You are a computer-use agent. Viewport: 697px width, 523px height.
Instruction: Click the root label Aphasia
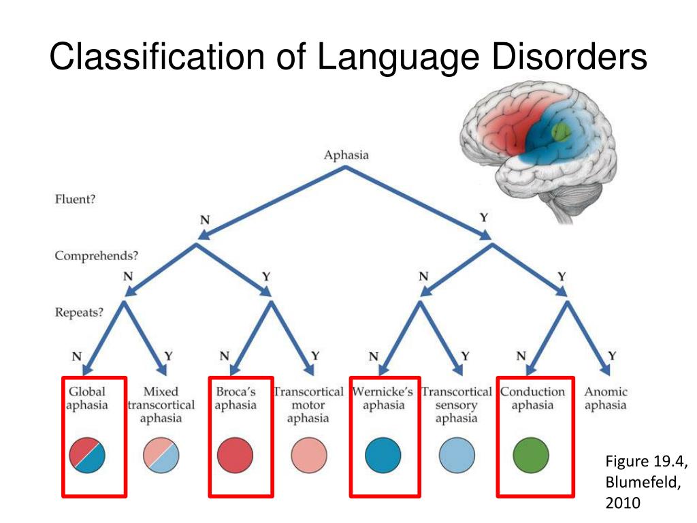346,155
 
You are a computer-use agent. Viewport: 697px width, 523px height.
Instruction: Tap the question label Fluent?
75,199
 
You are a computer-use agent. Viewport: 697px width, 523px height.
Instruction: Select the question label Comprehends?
97,256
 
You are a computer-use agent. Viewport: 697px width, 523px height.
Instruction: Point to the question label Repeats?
79,312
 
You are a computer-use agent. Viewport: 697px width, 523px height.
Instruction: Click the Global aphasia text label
87,398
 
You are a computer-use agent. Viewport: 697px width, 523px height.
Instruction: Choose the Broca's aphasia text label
236,398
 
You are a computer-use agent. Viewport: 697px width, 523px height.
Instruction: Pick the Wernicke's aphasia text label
383,398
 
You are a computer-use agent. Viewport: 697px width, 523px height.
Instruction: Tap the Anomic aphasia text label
605,398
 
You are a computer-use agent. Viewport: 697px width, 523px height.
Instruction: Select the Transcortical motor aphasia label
308,405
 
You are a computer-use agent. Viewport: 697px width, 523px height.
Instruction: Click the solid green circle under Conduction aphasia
531,455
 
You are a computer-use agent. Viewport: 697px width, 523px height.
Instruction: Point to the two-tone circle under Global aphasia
87,455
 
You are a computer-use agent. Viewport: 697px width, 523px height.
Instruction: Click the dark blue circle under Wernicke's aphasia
383,455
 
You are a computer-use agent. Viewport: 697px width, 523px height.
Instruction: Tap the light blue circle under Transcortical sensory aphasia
457,455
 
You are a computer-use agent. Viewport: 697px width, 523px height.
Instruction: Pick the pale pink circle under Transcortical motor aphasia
309,455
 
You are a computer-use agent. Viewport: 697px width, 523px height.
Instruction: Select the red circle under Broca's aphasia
235,455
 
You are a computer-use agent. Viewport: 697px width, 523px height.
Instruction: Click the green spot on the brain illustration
561,131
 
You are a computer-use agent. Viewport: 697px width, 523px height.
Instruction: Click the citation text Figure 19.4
647,461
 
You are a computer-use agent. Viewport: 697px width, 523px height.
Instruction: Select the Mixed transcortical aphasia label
161,405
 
